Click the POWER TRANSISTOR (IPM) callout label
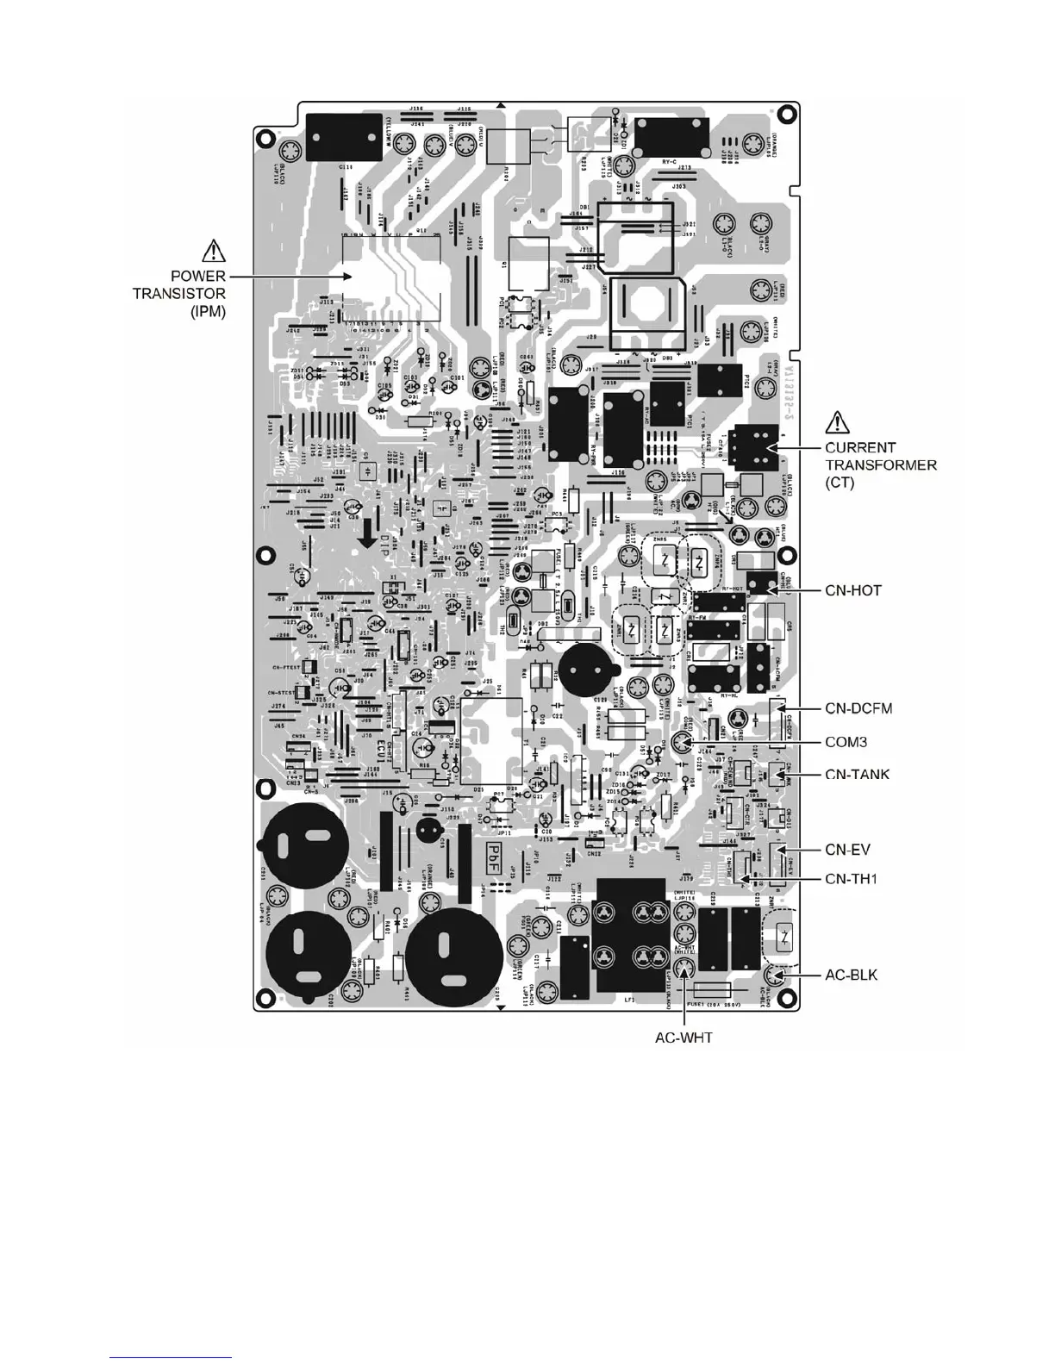point(179,294)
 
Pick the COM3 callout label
point(846,742)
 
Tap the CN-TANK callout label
point(858,774)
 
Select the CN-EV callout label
point(848,850)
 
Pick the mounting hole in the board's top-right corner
point(783,113)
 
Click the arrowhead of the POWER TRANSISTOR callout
point(348,277)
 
